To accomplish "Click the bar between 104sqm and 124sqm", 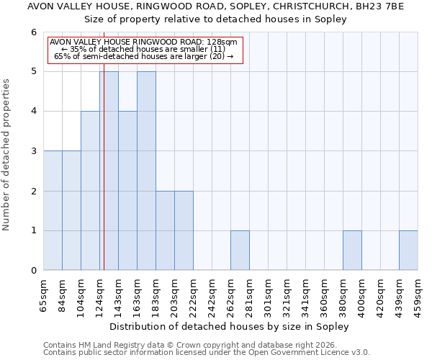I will coord(90,191).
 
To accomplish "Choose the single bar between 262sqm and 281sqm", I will coord(240,251).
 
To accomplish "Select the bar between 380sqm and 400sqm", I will coord(352,251).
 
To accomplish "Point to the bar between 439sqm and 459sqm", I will coord(408,251).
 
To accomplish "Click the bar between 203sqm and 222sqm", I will coord(184,230).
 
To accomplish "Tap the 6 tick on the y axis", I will coord(33,32).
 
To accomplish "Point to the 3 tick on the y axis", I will coord(33,151).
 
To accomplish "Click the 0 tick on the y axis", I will coord(33,271).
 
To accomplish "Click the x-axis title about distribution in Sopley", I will coord(230,326).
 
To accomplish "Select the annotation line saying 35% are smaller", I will coord(144,49).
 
